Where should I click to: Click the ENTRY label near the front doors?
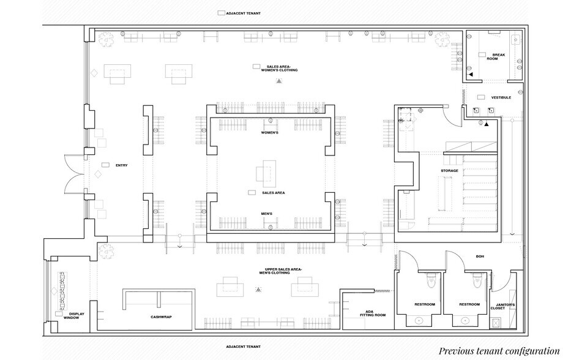click(121, 165)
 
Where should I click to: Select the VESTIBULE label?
click(509, 97)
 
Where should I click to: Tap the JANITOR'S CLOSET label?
click(505, 307)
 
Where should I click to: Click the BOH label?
click(480, 257)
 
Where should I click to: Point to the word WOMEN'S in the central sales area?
click(270, 133)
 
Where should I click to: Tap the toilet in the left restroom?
click(430, 281)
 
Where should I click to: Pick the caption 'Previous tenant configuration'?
click(499, 351)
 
